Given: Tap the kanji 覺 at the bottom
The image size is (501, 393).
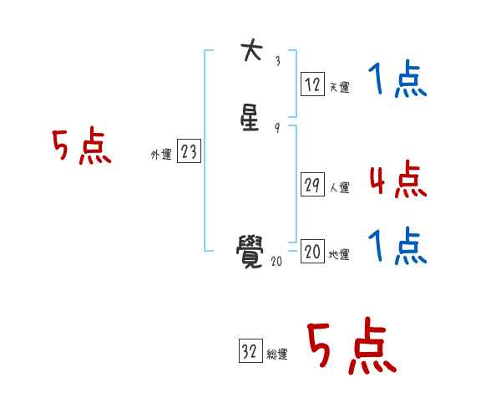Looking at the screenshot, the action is [x=250, y=248].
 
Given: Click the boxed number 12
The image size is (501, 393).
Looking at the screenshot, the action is [x=312, y=84].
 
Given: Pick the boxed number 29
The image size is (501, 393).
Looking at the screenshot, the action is [x=312, y=186].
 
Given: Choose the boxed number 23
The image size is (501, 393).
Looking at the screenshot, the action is [x=189, y=151].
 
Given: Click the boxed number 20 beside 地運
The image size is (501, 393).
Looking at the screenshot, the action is [x=312, y=252].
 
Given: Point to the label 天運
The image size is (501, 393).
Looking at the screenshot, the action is [x=339, y=87].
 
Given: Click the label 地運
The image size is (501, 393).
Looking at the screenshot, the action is [x=339, y=255].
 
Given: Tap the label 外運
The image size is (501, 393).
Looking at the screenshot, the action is [x=161, y=155].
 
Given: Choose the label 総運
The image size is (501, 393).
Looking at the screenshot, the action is [x=277, y=355].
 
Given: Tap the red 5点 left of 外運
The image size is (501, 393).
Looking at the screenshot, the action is [x=81, y=148].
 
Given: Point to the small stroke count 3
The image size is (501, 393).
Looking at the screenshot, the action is [x=277, y=61].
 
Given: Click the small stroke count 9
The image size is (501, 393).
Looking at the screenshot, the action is [x=277, y=127].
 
